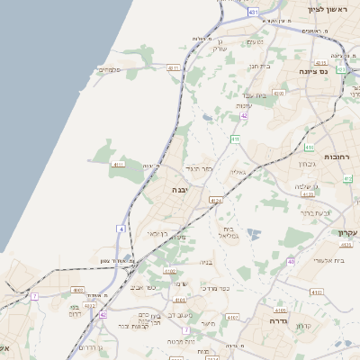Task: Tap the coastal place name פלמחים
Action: [x=109, y=69]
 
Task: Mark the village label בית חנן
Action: [x=259, y=65]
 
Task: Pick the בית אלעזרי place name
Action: [x=319, y=259]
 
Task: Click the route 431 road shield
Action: [x=254, y=12]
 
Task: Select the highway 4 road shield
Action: [x=120, y=229]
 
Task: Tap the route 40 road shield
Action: [x=291, y=261]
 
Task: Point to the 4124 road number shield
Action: [x=215, y=200]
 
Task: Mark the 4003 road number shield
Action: [x=79, y=290]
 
